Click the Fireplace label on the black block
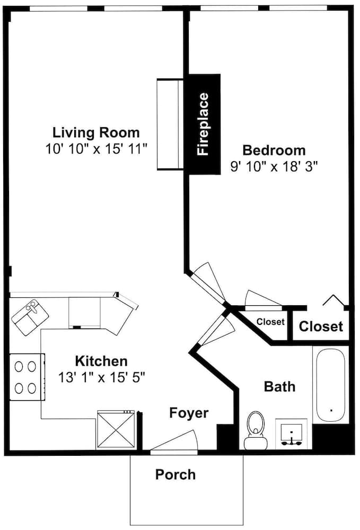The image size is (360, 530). (203, 124)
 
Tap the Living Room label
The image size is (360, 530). (96, 132)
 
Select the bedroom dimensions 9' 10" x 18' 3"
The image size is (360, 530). (274, 166)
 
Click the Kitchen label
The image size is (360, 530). (101, 361)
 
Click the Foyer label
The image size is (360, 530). (189, 413)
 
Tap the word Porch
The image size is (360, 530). (175, 474)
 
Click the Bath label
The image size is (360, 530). (279, 386)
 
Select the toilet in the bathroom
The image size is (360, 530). (256, 430)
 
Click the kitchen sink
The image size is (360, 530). (30, 317)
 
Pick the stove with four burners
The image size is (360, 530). (27, 377)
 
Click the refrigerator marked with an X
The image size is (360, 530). (116, 430)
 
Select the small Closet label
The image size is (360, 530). (270, 322)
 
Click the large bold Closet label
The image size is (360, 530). (321, 326)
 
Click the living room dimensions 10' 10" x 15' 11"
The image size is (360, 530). (96, 149)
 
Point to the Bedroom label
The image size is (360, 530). (274, 150)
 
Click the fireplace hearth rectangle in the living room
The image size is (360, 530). (170, 124)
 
